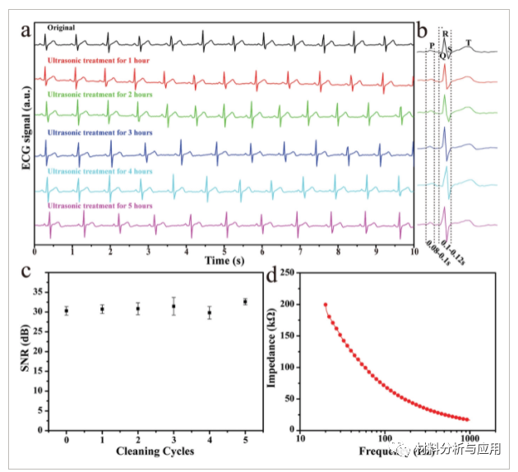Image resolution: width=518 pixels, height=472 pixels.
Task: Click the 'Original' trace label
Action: (x=61, y=27)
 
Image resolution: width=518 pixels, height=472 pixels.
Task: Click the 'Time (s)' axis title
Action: (x=224, y=261)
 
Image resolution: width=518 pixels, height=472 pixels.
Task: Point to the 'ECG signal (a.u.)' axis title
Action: (x=27, y=132)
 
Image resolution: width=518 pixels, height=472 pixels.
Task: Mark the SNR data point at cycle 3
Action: (x=173, y=307)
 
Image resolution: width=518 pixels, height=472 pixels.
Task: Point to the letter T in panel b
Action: (x=469, y=43)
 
